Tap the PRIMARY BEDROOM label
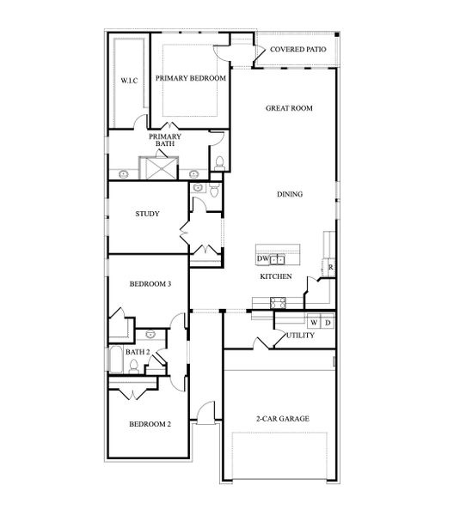coord(191,78)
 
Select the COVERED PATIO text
coord(297,50)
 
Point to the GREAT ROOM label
coord(288,108)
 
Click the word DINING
coord(289,194)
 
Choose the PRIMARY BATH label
coord(164,141)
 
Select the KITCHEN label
coord(276,276)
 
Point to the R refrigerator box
coord(331,269)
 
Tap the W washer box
coord(314,323)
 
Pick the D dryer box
coord(328,323)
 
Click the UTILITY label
coord(300,336)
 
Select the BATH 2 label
coord(138,352)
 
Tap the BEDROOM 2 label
coord(150,424)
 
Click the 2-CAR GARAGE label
coord(282,419)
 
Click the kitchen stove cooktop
coord(279,301)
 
